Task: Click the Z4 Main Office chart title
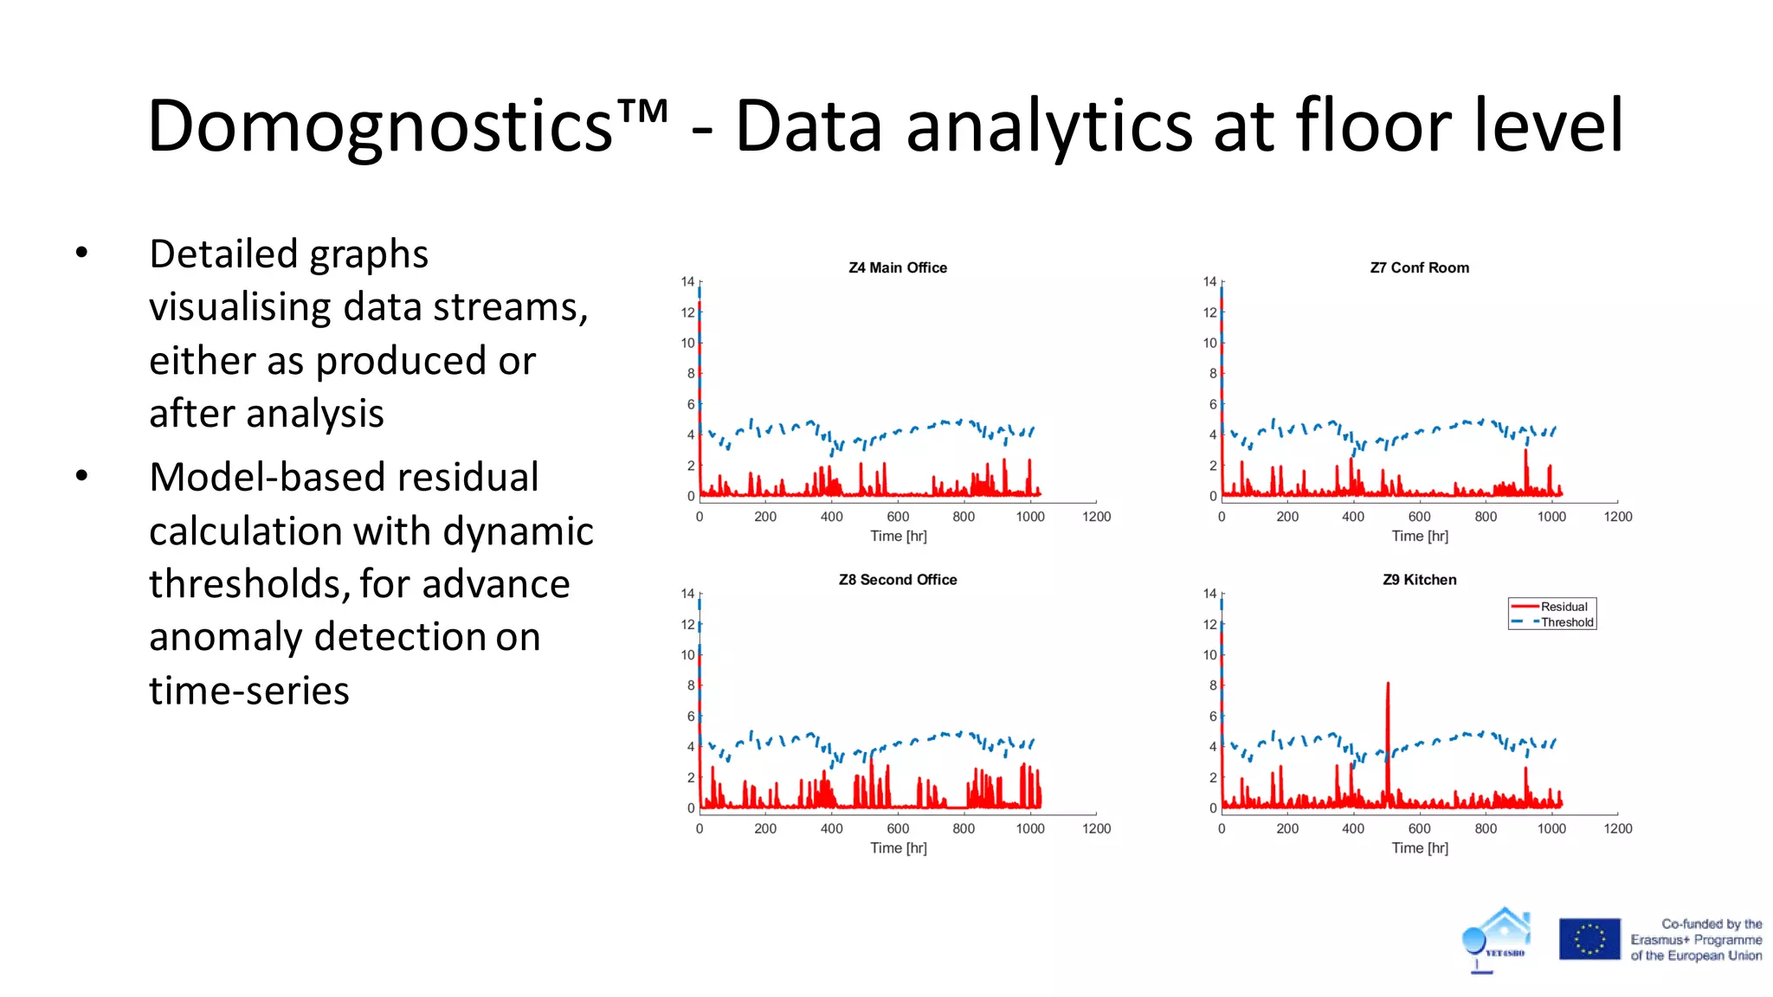[898, 268]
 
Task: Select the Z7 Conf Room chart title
[1419, 268]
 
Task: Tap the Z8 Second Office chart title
[898, 580]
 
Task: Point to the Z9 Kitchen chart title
[1419, 580]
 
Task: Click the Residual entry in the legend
[1563, 607]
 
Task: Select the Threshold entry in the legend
[1566, 622]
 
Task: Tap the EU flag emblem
[1589, 939]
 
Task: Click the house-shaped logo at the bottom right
[1498, 938]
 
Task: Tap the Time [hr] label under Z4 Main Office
[898, 537]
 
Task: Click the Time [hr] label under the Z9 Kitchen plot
[1419, 848]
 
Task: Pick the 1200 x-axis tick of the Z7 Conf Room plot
[1617, 517]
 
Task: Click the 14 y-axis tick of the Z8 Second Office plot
[687, 594]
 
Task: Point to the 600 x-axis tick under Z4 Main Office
[898, 517]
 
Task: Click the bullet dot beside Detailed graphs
[81, 253]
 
